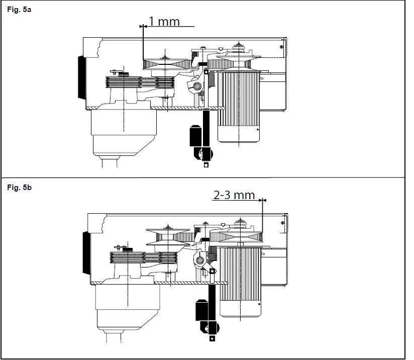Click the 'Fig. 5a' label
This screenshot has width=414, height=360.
click(19, 10)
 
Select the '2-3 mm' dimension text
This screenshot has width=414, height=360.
click(234, 195)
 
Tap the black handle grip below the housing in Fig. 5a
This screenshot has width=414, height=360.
click(196, 135)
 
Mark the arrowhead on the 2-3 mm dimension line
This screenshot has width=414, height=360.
click(262, 200)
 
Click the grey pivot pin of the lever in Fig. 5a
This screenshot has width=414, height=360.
click(197, 86)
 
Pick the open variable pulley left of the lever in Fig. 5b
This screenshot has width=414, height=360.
click(166, 239)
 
